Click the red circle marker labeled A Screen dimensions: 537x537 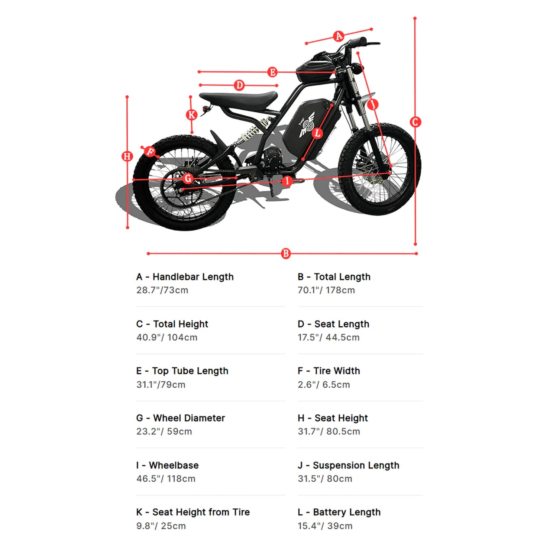(x=339, y=36)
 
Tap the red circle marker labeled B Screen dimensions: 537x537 (x=285, y=253)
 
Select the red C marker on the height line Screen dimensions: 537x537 (x=415, y=122)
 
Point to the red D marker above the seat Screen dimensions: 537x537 (x=239, y=85)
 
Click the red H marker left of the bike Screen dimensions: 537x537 (x=127, y=156)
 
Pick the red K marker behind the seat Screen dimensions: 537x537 (x=191, y=114)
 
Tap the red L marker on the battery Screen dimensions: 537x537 (x=317, y=133)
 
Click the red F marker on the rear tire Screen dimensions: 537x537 (x=150, y=151)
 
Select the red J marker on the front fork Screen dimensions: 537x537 (x=373, y=104)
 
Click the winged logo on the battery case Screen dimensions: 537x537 (x=307, y=125)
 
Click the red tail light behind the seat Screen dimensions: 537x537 (x=205, y=109)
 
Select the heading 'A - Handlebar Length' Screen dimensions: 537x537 (x=185, y=277)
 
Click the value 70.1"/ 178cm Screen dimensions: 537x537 (x=326, y=290)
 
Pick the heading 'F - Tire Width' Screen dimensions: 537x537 (x=329, y=371)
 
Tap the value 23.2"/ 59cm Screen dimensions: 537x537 (x=164, y=431)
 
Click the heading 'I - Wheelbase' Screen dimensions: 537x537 (x=167, y=465)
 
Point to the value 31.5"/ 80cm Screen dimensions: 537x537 (x=324, y=479)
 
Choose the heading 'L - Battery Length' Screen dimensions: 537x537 (x=339, y=512)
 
